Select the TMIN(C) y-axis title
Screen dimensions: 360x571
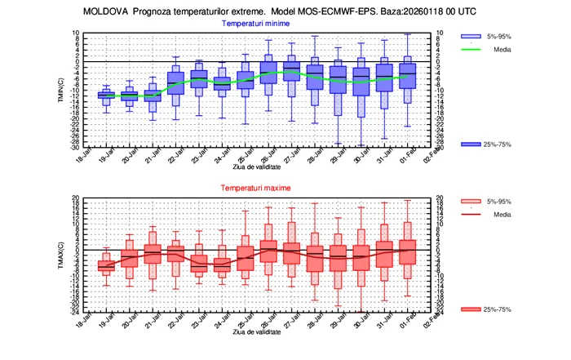click(61, 90)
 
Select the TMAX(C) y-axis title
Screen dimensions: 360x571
click(61, 254)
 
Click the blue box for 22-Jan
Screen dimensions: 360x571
click(175, 83)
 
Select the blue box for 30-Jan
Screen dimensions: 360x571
click(361, 82)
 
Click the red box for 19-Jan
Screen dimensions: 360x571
click(105, 264)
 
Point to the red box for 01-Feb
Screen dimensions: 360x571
click(408, 252)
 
